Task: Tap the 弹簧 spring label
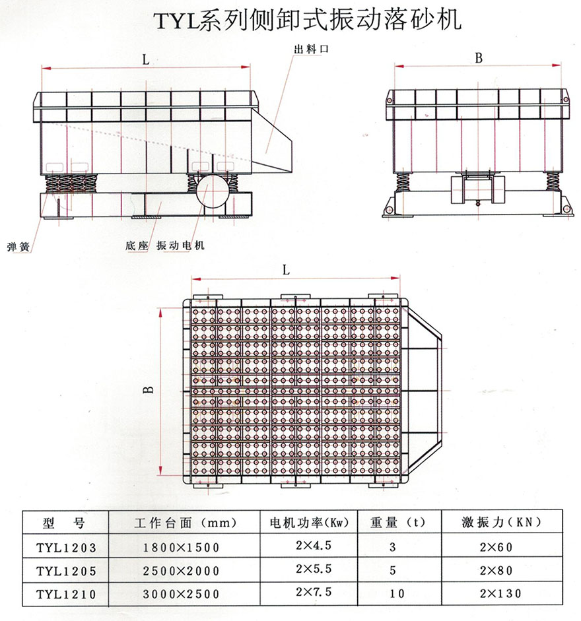click(19, 247)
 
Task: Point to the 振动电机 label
click(180, 245)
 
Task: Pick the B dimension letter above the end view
click(479, 58)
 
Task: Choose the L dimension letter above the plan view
click(287, 270)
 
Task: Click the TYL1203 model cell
click(66, 547)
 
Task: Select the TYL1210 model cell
click(66, 594)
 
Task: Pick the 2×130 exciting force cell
click(502, 594)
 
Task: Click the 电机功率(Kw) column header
click(310, 523)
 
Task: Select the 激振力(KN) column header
click(502, 522)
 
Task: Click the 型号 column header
click(64, 523)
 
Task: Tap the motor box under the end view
click(477, 189)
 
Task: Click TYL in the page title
click(174, 21)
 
